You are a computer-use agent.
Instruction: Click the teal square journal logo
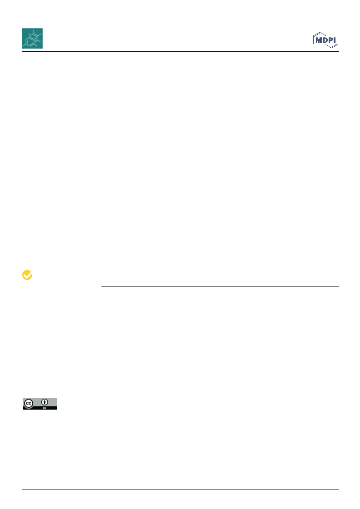32,38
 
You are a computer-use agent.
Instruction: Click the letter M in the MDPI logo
318,40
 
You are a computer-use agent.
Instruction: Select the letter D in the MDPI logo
325,40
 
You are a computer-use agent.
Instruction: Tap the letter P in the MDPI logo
331,40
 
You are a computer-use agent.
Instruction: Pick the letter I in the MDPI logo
335,40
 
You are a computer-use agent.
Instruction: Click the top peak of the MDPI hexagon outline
320,32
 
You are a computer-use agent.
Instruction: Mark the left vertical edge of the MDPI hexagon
314,40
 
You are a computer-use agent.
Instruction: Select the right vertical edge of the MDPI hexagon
338,40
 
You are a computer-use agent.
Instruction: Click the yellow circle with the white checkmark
27,275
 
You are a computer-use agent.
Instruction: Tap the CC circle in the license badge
29,404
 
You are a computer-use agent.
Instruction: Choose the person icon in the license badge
44,402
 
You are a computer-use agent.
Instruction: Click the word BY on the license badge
44,408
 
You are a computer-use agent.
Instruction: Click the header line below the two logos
180,52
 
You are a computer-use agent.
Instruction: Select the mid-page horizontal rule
220,287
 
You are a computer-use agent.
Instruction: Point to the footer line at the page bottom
180,489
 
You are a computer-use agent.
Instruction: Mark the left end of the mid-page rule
101,287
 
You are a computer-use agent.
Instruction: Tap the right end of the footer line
339,489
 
